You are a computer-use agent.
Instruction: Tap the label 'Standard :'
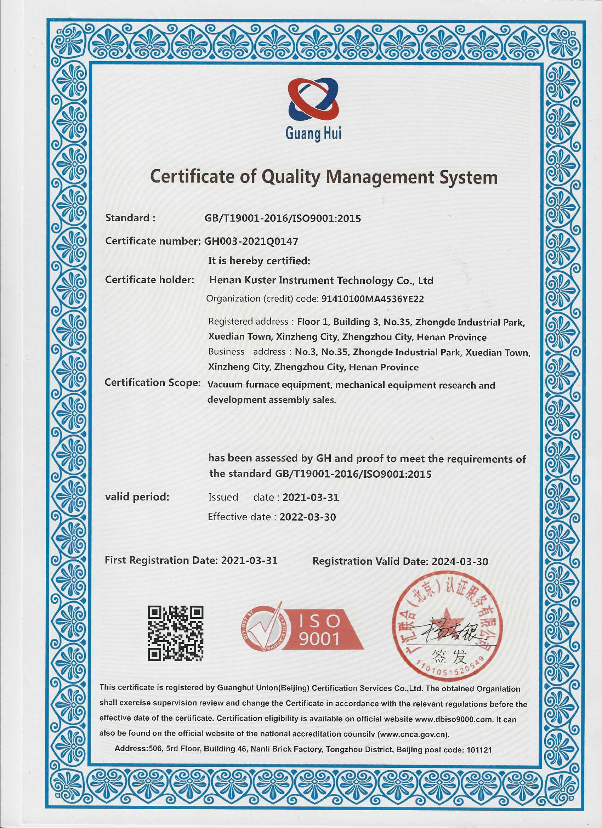click(130, 218)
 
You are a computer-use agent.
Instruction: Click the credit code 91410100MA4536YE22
click(373, 299)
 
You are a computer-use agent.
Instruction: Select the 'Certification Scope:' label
click(153, 382)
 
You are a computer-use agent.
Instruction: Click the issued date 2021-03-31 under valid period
click(311, 497)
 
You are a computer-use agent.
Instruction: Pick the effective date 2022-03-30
click(307, 517)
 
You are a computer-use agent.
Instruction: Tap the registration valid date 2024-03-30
click(460, 561)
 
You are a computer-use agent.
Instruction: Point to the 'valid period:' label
click(137, 497)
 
